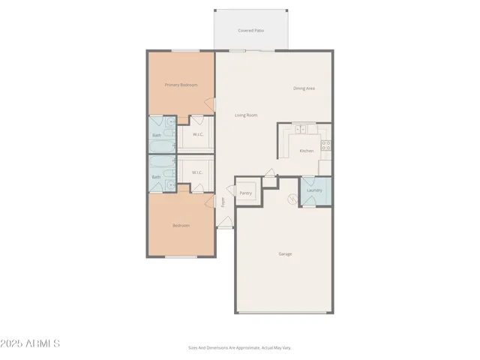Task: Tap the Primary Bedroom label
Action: click(x=181, y=85)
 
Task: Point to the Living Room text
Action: click(x=246, y=115)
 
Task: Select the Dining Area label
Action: click(x=304, y=89)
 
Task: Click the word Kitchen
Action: click(x=307, y=151)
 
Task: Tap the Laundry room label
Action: click(x=315, y=190)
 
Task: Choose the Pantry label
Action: click(x=246, y=193)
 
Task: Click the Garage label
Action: click(x=285, y=254)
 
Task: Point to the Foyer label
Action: click(x=223, y=201)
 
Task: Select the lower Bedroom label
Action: click(x=181, y=225)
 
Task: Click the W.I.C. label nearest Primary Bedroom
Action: click(x=198, y=135)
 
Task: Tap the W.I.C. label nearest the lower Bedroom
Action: click(x=198, y=172)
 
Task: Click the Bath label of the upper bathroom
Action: click(x=157, y=135)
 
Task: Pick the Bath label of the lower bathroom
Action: click(x=157, y=177)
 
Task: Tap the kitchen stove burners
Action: click(x=325, y=145)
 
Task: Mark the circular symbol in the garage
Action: click(x=292, y=199)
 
